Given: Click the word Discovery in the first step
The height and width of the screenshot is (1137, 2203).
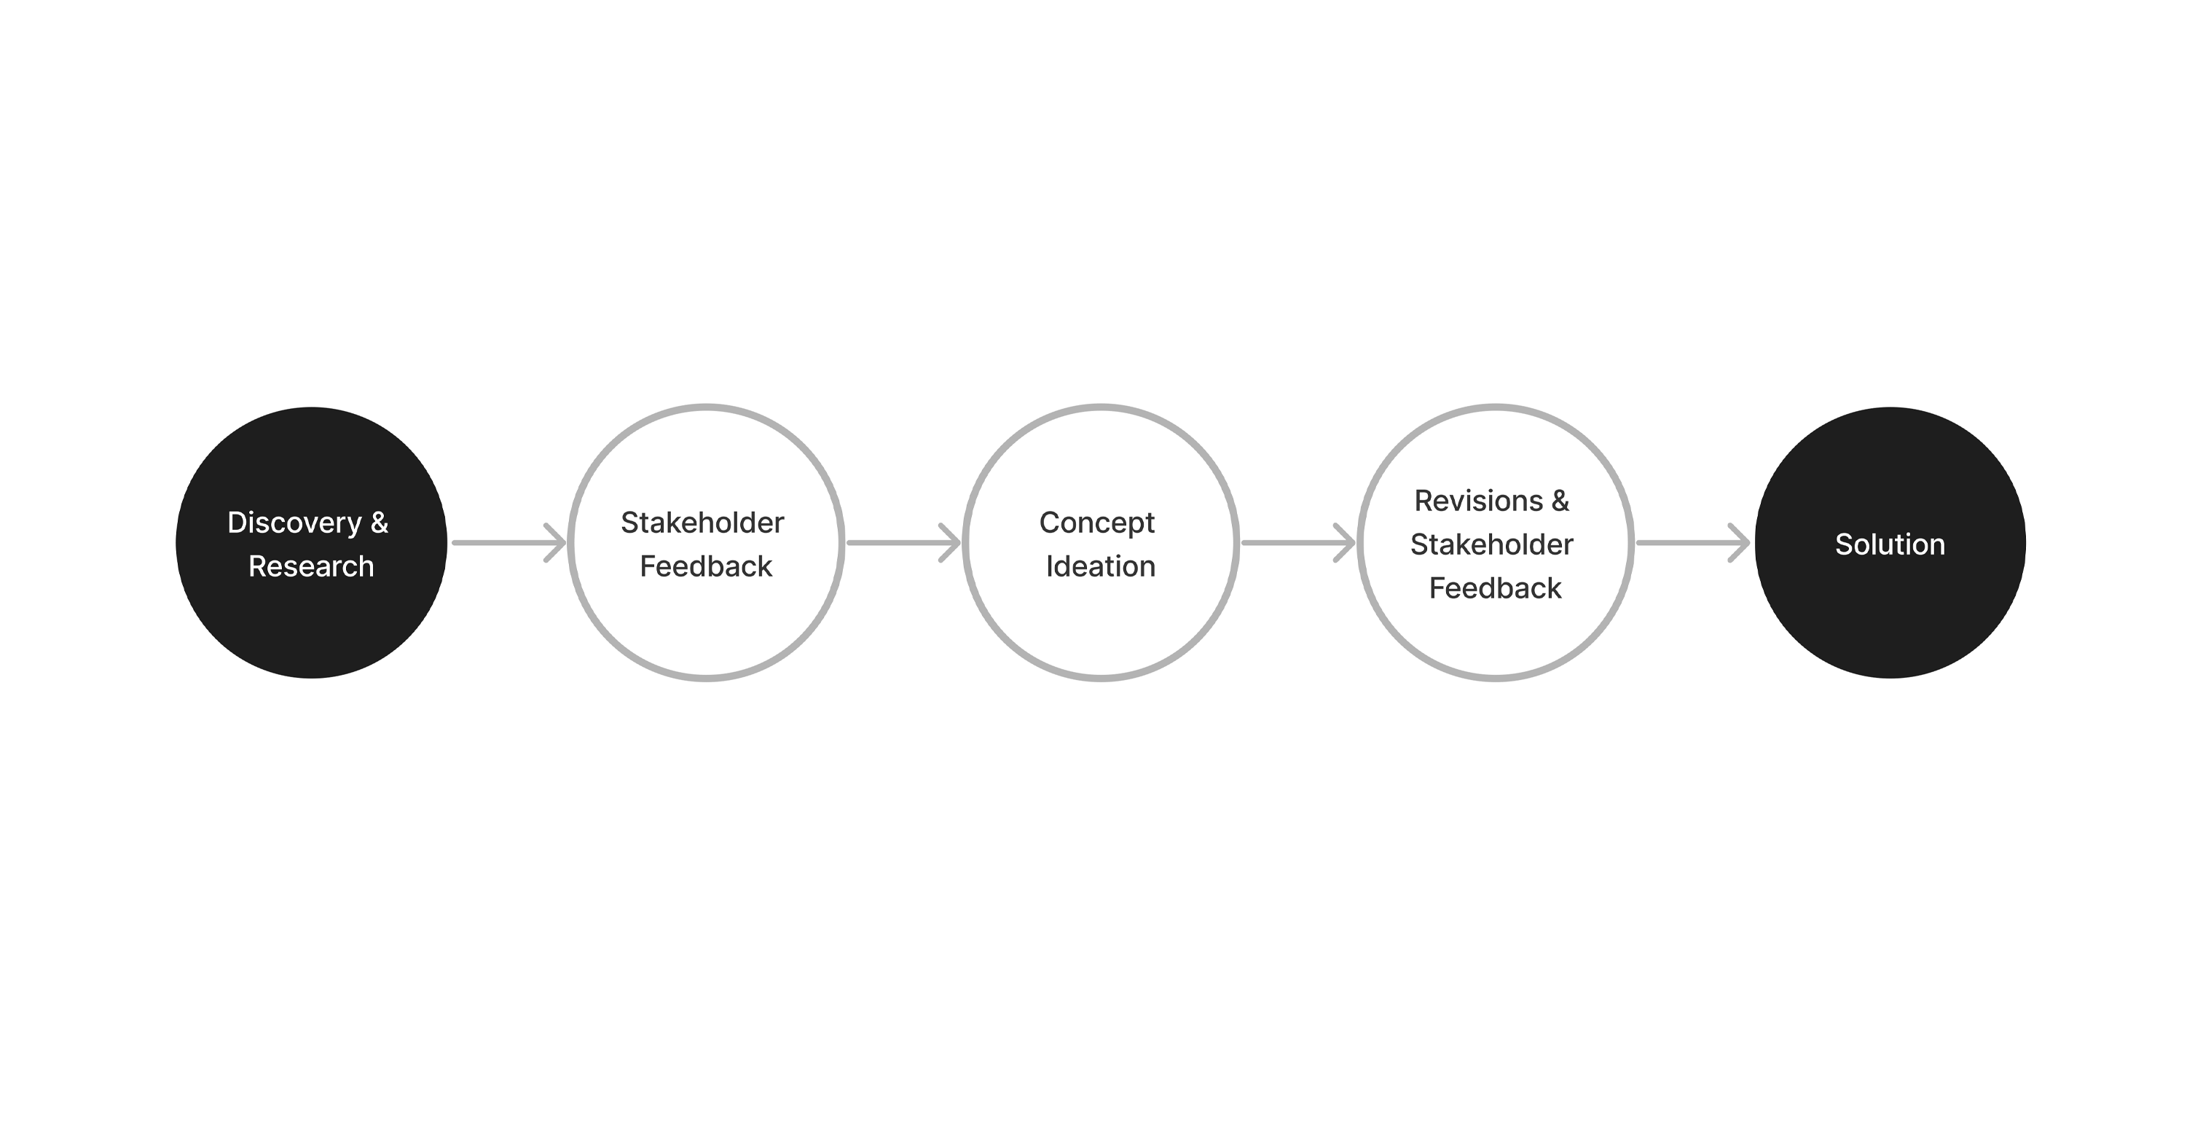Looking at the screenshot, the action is pyautogui.click(x=295, y=523).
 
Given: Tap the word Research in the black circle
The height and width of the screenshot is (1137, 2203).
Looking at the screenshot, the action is pyautogui.click(x=311, y=566).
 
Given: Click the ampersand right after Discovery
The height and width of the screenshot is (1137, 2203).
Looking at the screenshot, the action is pyautogui.click(x=380, y=522).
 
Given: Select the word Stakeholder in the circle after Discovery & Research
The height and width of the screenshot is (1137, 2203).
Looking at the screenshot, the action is pyautogui.click(x=702, y=522).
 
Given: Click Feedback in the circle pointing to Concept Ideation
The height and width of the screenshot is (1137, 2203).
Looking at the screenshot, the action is pyautogui.click(x=705, y=566).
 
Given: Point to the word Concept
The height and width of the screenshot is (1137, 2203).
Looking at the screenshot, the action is pyautogui.click(x=1097, y=523).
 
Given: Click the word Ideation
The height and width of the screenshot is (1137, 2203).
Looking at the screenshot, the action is pyautogui.click(x=1101, y=566).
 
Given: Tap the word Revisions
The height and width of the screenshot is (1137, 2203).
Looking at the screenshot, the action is pyautogui.click(x=1479, y=501).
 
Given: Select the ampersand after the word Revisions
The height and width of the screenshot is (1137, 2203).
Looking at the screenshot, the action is pyautogui.click(x=1560, y=501).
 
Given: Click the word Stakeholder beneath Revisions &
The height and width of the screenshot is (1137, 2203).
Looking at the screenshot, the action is pyautogui.click(x=1491, y=544).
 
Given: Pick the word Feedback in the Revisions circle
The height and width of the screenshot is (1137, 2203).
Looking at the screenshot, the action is pyautogui.click(x=1495, y=587).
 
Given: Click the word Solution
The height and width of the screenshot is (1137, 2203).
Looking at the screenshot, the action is pyautogui.click(x=1890, y=544).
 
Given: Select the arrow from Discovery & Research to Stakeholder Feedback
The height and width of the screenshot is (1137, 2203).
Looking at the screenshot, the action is pyautogui.click(x=508, y=542).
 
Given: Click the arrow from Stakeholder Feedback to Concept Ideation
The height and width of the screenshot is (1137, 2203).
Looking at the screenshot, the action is pyautogui.click(x=904, y=542).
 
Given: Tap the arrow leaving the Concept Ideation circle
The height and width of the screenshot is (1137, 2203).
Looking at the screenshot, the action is pyautogui.click(x=1298, y=542).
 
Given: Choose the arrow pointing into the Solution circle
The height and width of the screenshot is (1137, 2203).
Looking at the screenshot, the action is pyautogui.click(x=1693, y=542).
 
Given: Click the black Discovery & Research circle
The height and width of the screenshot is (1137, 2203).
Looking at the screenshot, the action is pyautogui.click(x=311, y=542).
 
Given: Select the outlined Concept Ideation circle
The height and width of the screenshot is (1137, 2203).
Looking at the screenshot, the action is pyautogui.click(x=1101, y=542).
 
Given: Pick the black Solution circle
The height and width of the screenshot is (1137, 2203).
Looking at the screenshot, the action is pyautogui.click(x=1890, y=542).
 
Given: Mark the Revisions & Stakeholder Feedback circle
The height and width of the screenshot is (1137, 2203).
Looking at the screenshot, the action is pyautogui.click(x=1495, y=542).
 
